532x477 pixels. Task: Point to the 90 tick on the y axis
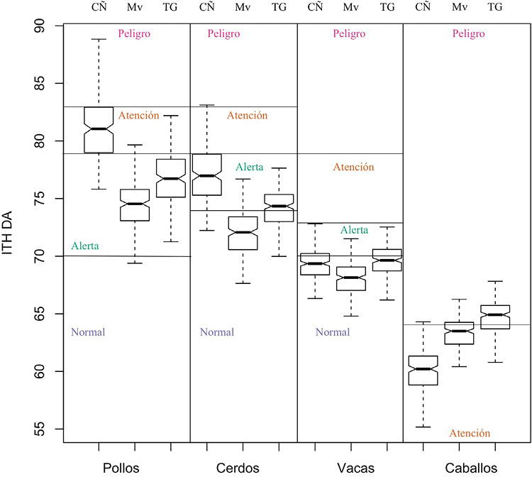(40, 27)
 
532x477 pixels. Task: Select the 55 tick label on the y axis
(40, 429)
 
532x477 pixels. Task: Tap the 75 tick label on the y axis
(40, 199)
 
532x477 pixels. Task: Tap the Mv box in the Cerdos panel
(243, 233)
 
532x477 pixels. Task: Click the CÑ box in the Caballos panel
(423, 370)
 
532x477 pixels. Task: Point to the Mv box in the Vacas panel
(350, 278)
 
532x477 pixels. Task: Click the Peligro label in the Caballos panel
(469, 33)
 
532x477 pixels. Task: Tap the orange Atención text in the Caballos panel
(470, 433)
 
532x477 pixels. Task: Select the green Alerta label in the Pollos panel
(85, 246)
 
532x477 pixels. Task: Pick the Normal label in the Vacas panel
(333, 331)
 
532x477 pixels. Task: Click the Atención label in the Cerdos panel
(248, 115)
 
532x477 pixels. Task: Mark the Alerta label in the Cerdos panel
(250, 168)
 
